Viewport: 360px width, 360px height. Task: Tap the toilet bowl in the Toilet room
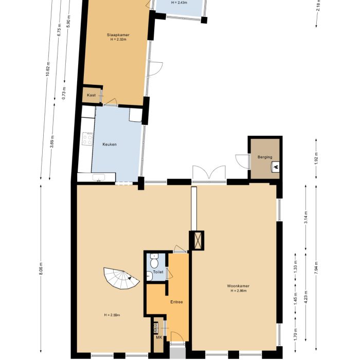[154, 263]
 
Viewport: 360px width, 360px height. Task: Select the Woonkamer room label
[237, 286]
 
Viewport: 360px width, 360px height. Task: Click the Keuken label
[110, 145]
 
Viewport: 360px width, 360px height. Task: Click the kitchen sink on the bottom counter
[97, 178]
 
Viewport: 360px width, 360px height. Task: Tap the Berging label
[265, 157]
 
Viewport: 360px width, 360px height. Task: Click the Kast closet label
[91, 96]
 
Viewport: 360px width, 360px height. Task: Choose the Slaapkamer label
[118, 35]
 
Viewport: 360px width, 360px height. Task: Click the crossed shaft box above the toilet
[197, 240]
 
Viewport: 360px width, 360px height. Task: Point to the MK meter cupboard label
[159, 338]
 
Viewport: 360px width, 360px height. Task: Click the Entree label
[177, 302]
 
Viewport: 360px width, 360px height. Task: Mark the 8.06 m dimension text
[41, 269]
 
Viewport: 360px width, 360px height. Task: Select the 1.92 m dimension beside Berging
[316, 157]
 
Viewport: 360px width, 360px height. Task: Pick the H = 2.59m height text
[112, 315]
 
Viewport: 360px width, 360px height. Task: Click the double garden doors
[208, 173]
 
